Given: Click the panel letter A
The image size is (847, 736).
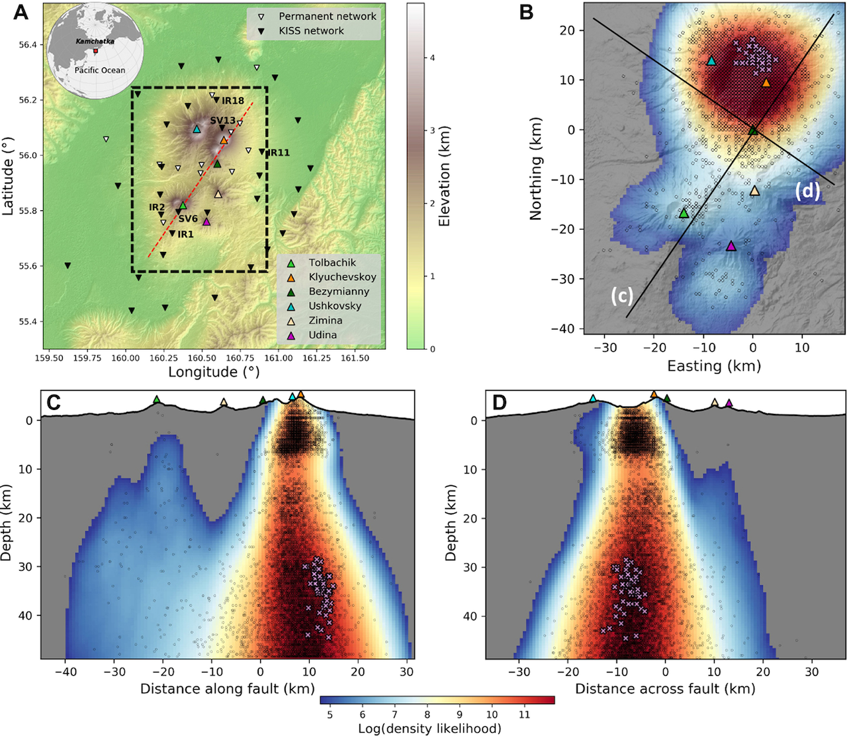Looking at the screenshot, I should tap(21, 12).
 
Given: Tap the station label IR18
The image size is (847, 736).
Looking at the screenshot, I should tap(233, 101).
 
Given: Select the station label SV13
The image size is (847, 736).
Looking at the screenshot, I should tap(223, 120).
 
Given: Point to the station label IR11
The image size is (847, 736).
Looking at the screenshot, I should tap(279, 153).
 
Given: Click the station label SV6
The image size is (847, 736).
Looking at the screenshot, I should tap(188, 219).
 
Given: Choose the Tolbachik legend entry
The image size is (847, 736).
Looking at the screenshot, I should tap(332, 263).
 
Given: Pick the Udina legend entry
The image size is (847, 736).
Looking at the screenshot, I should tap(322, 335).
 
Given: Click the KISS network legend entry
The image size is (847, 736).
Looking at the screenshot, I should tap(311, 30).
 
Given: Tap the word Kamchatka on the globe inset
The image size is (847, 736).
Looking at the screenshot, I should tap(95, 41).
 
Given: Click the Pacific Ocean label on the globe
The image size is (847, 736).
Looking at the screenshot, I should tap(99, 70).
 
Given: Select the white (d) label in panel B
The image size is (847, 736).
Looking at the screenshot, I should tap(807, 191).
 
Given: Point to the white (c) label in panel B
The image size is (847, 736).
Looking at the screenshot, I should tap(622, 296).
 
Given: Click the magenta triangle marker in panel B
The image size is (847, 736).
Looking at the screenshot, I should tap(731, 246).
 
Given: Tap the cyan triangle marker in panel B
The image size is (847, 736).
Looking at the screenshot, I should tap(711, 61).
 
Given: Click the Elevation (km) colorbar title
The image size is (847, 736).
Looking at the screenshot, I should tap(444, 176).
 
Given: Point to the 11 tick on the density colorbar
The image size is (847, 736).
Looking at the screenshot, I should tap(524, 715).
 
